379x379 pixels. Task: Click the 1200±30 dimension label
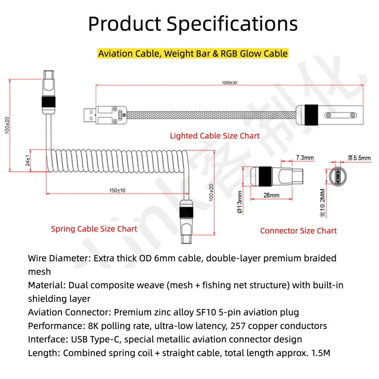click(x=229, y=83)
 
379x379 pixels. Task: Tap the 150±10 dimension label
click(x=117, y=191)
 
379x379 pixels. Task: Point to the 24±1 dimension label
click(x=28, y=161)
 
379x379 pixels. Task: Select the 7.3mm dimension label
click(x=305, y=158)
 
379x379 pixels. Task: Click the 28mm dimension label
click(x=271, y=195)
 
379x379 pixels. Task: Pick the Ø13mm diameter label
click(x=239, y=202)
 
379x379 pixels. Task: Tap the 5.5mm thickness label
click(x=359, y=158)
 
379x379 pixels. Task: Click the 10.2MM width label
click(x=323, y=203)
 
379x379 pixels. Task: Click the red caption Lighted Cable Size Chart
click(x=215, y=136)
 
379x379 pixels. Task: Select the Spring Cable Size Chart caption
click(x=94, y=229)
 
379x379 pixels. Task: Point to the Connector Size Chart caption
click(x=298, y=231)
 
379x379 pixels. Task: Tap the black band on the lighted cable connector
click(x=311, y=115)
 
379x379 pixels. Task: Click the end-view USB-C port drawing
click(x=338, y=176)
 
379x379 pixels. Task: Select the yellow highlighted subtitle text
click(x=193, y=54)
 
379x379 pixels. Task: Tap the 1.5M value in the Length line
click(x=321, y=353)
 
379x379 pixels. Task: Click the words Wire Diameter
click(x=59, y=258)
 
